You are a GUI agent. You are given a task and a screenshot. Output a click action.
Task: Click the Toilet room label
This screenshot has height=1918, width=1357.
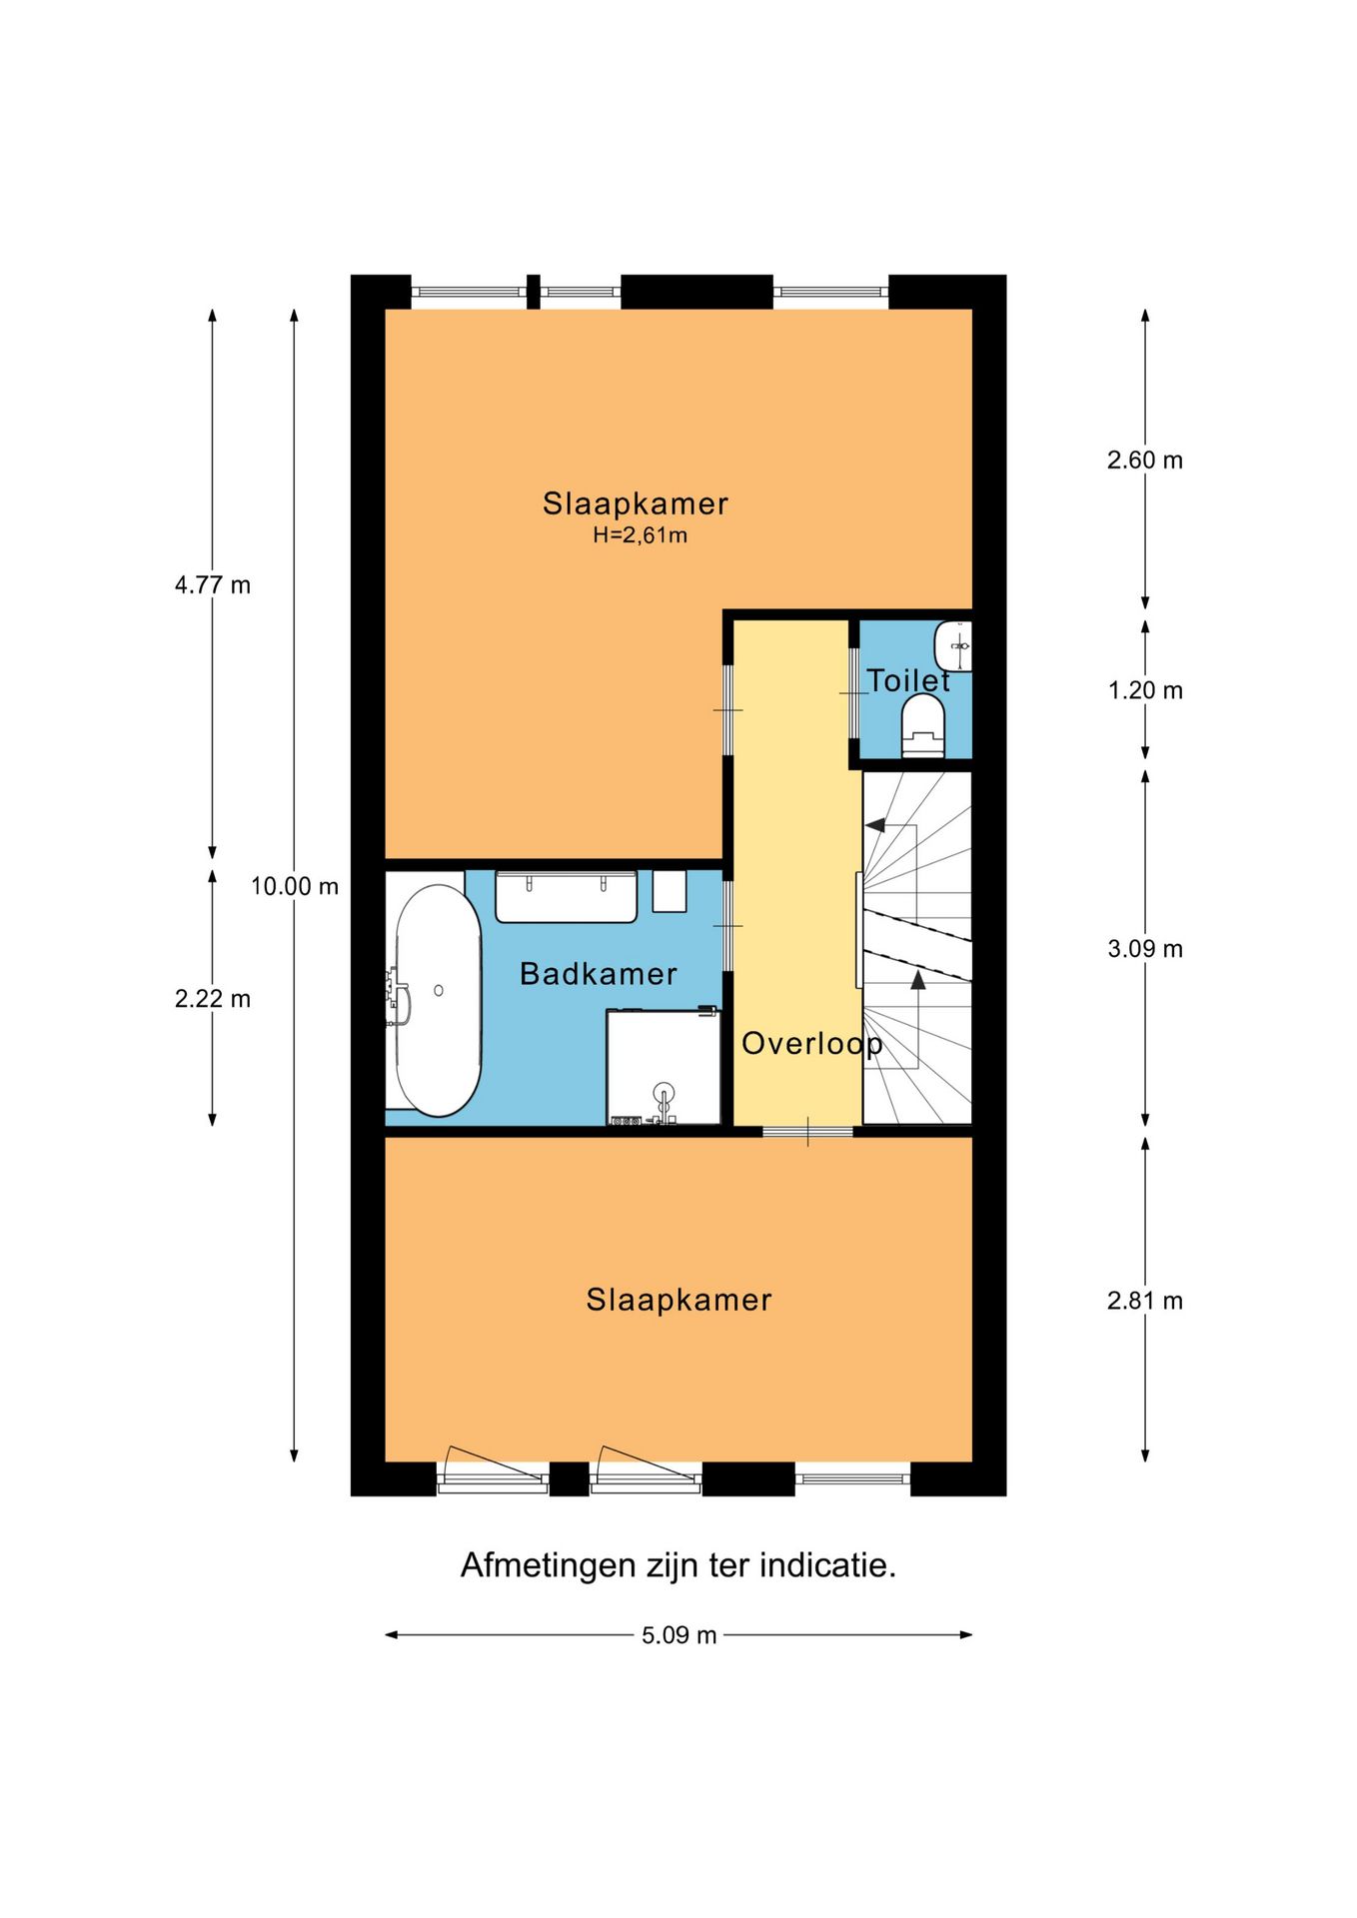[x=907, y=680]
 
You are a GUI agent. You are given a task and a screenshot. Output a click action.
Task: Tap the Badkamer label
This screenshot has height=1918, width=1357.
[x=598, y=974]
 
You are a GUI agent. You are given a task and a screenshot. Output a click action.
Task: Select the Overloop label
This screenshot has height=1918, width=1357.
[x=811, y=1044]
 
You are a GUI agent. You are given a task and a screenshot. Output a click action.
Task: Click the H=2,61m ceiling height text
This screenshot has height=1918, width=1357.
[x=640, y=535]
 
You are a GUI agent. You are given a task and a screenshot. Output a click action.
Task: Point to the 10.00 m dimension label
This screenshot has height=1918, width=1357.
[x=294, y=886]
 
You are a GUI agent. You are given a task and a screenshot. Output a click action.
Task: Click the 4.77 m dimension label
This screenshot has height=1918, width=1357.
[x=212, y=585]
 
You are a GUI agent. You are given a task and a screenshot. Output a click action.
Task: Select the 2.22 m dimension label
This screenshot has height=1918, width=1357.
[x=212, y=999]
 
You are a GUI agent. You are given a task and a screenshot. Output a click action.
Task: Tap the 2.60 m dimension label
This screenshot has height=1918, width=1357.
[x=1144, y=461]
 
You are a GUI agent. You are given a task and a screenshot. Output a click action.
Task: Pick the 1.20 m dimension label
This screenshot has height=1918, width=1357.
[x=1144, y=690]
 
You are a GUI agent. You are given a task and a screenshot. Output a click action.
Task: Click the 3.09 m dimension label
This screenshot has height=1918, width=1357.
[x=1144, y=949]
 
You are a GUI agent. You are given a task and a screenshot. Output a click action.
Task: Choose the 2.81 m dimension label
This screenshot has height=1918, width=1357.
[x=1144, y=1301]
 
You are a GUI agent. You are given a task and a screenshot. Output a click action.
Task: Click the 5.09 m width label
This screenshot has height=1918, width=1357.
[x=678, y=1635]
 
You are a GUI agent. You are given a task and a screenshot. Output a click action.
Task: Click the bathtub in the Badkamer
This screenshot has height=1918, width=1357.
[x=438, y=999]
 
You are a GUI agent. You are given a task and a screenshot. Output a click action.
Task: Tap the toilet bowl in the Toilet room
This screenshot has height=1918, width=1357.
[x=922, y=725]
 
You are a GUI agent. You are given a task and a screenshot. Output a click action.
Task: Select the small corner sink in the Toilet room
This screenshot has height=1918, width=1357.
[x=954, y=645]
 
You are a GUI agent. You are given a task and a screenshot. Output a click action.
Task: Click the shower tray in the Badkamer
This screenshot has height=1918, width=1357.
[x=663, y=1066]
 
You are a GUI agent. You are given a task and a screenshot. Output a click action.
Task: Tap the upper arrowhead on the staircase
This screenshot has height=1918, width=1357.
[x=875, y=825]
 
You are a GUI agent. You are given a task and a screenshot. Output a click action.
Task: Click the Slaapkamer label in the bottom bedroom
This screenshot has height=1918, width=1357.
[x=678, y=1300]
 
